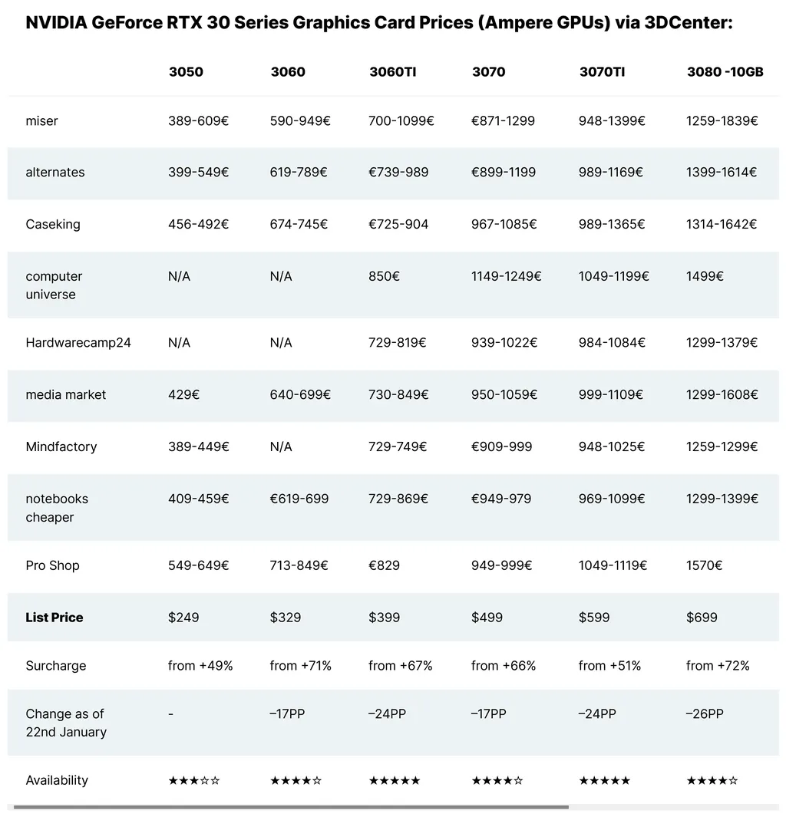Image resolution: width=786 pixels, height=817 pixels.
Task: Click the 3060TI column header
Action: [392, 72]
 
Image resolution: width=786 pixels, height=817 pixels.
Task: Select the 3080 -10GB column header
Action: [725, 72]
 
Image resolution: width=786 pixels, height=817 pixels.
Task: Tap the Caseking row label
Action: [53, 224]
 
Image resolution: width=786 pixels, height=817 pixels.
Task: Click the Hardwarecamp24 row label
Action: [78, 342]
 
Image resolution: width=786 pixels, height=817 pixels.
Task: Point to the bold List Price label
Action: [54, 617]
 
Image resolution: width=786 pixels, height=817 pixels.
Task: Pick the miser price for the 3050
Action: [199, 120]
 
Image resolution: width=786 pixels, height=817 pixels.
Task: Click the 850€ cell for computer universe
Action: [384, 276]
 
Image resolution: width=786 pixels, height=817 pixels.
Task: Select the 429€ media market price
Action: [184, 394]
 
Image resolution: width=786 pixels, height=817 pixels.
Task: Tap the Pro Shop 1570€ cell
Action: [704, 565]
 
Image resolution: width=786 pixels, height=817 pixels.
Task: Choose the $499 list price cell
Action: [487, 617]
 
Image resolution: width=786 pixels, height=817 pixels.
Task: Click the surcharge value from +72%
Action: [718, 665]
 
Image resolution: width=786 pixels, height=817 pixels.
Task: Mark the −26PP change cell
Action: [705, 713]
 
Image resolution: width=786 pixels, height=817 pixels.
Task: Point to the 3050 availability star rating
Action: [194, 781]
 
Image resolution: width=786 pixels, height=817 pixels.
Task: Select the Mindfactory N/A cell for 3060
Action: [281, 446]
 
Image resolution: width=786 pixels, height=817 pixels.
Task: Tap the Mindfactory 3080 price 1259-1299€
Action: [722, 446]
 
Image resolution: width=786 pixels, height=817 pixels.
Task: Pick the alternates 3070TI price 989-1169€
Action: [611, 172]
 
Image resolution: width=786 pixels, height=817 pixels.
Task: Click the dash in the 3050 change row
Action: [171, 713]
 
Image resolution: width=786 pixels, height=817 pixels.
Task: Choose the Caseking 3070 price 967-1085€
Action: [504, 224]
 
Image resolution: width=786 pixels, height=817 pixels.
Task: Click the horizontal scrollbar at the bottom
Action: [291, 807]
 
